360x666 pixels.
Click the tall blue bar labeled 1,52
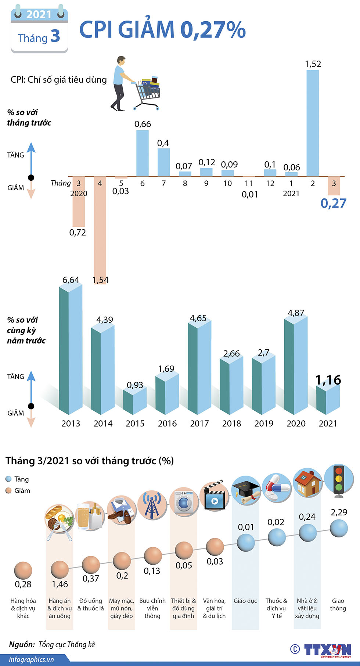pyautogui.click(x=313, y=123)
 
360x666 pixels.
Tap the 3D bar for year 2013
pyautogui.click(x=71, y=349)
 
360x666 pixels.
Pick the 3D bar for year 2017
pyautogui.click(x=199, y=367)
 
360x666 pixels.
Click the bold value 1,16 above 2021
pyautogui.click(x=328, y=380)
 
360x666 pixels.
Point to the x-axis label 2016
pyautogui.click(x=167, y=424)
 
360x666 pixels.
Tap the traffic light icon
pyautogui.click(x=338, y=480)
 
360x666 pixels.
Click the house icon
pyautogui.click(x=308, y=483)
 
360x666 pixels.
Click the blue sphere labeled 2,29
pyautogui.click(x=339, y=529)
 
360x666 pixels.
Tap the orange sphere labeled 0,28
pyautogui.click(x=23, y=570)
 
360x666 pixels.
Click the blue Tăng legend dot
pyautogui.click(x=9, y=479)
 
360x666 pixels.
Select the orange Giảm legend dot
pyautogui.click(x=9, y=490)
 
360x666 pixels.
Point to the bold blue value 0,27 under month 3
pyautogui.click(x=333, y=203)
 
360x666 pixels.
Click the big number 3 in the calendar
pyautogui.click(x=55, y=36)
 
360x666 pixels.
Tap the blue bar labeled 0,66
pyautogui.click(x=143, y=153)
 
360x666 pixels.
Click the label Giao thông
pyautogui.click(x=338, y=604)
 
